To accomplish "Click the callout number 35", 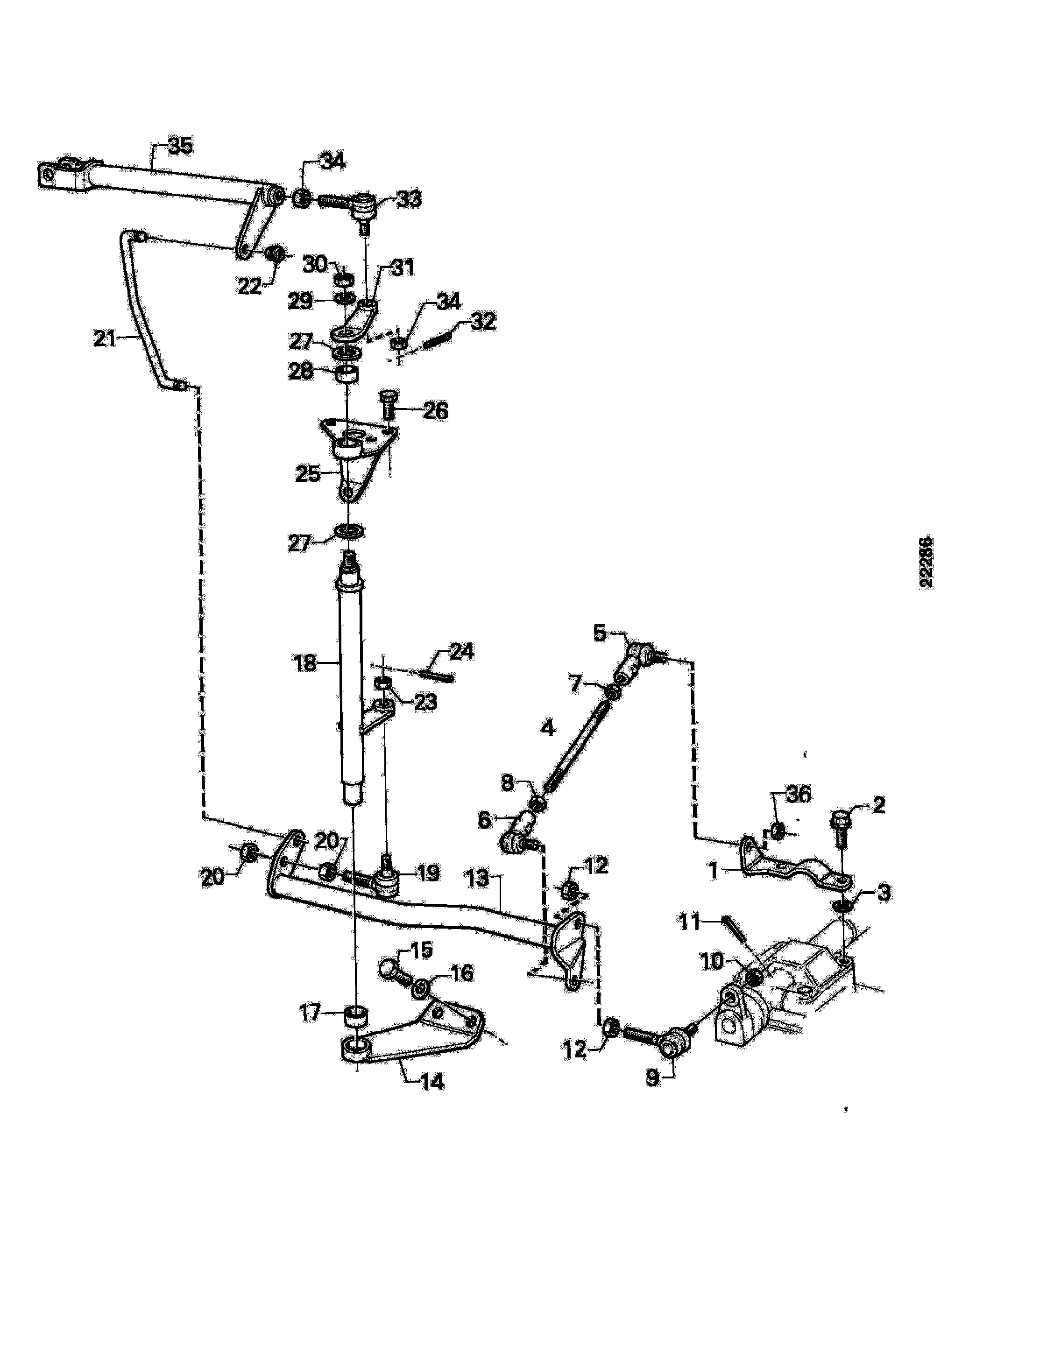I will (181, 147).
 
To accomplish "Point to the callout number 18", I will (305, 663).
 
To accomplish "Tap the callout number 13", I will (478, 878).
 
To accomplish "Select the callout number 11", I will (691, 922).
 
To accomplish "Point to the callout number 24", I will (462, 652).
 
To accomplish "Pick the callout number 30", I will (315, 265).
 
